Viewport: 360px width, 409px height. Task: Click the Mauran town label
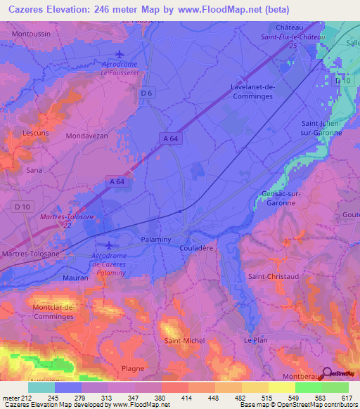coord(75,278)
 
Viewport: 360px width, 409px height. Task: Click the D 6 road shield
coord(147,92)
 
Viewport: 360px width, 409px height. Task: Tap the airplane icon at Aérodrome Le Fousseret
coord(119,53)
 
